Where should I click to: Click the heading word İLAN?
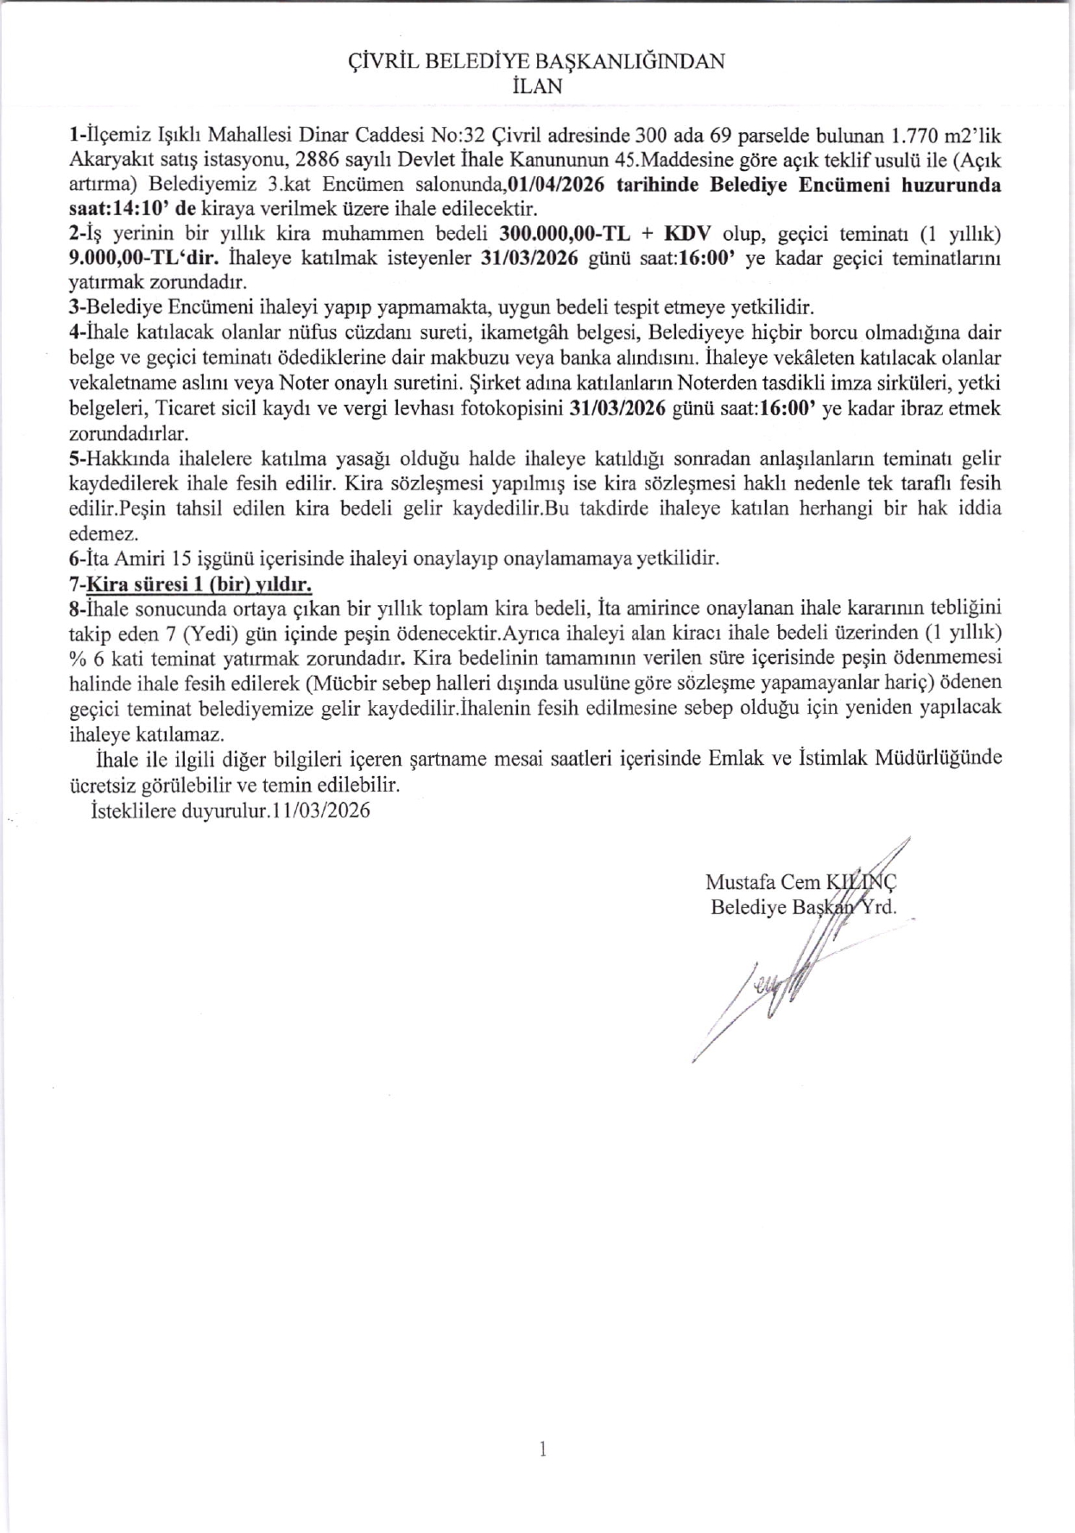tap(536, 86)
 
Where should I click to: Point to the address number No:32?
tap(458, 136)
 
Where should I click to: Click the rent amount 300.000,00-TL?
tap(562, 234)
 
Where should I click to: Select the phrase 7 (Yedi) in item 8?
tap(193, 633)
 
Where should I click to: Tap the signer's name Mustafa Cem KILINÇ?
tap(801, 882)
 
